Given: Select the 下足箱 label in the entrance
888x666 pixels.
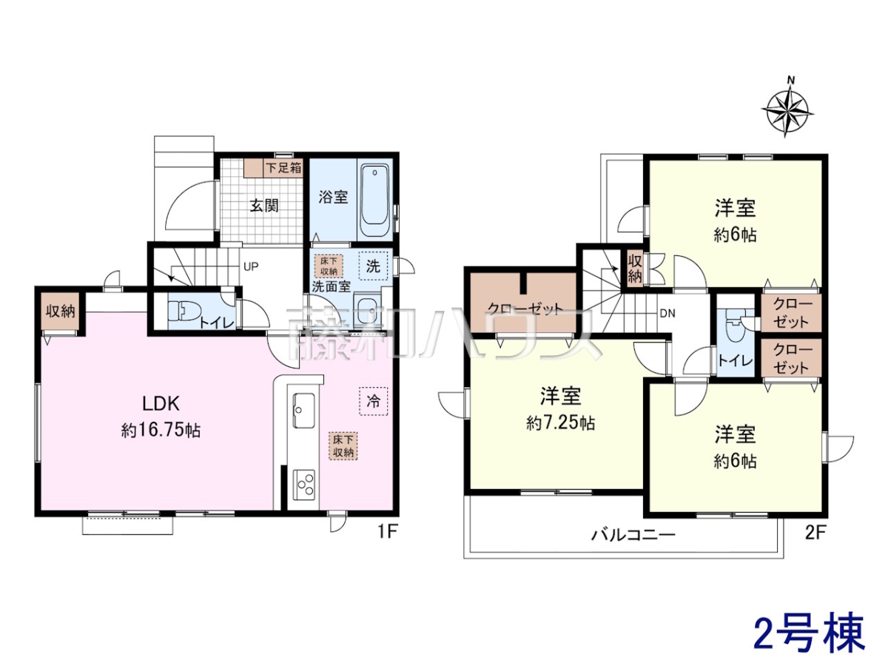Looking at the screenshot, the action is point(283,167).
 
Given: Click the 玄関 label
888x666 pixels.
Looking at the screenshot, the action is point(264,206).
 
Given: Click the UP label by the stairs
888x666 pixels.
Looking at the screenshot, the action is point(251,266).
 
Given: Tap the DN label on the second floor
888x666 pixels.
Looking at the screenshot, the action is point(667,313).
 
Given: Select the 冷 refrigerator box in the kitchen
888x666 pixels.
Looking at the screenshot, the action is point(373,401).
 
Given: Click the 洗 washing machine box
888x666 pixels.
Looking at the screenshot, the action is point(373,266).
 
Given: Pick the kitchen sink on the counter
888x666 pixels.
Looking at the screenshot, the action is point(304,410).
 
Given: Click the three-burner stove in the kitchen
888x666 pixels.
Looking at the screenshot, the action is point(304,484).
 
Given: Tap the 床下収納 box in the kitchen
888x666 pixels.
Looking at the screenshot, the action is point(343,446).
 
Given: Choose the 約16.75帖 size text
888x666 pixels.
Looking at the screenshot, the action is point(161,431).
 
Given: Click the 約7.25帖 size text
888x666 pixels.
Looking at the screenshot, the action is point(561,423).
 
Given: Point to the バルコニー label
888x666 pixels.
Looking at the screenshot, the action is point(633,535).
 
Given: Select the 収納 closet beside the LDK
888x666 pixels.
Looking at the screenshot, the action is point(61,312).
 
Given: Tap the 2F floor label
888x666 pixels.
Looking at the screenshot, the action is point(815,533).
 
